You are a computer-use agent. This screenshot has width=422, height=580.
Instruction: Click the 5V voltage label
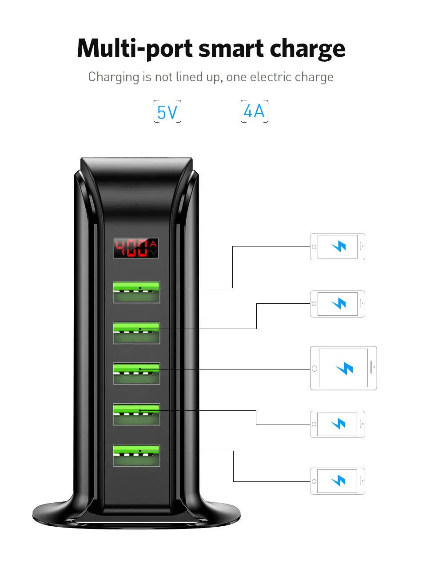167,112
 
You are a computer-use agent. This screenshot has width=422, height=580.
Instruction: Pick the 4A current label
254,111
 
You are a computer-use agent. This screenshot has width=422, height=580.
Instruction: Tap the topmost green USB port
136,292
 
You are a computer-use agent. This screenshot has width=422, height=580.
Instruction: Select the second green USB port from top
136,333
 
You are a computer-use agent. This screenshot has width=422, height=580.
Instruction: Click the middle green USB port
136,373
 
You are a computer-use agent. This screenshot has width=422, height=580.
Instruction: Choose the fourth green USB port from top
136,414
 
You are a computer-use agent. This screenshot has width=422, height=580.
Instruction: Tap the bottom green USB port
136,455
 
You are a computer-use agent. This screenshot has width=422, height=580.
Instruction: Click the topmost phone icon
338,246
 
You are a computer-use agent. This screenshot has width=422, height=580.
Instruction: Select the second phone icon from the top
338,304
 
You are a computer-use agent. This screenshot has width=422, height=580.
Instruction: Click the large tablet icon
343,368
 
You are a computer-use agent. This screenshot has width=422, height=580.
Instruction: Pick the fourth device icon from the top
338,424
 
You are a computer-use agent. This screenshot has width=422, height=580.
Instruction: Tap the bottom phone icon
338,481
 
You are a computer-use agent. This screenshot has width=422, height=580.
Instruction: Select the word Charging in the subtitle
114,77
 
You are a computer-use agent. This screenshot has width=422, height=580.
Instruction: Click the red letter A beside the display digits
153,243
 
